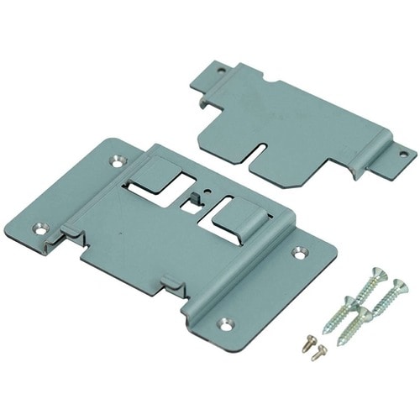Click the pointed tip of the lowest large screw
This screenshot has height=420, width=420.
coord(340,344)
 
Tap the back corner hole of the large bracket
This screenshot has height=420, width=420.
coord(115,156)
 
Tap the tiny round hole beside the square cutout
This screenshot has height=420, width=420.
coord(194,189)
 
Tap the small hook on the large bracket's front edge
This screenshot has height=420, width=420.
coord(168,280)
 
